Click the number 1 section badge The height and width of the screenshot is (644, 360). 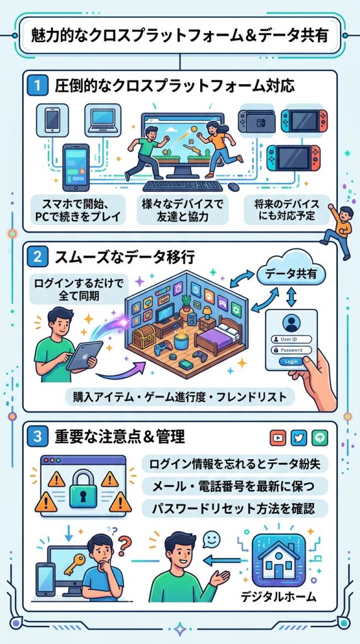tap(38, 87)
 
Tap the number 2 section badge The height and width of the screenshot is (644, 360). tap(38, 258)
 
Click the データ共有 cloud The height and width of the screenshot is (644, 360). tap(290, 274)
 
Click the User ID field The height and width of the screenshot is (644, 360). tap(291, 340)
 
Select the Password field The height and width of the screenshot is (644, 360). tap(291, 350)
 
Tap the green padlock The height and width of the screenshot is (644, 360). tap(86, 489)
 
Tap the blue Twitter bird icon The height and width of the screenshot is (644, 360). tap(299, 438)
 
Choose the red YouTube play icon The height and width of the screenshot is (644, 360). tap(278, 438)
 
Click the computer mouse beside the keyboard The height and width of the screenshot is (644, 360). tap(234, 186)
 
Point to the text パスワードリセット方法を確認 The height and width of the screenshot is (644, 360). tap(233, 509)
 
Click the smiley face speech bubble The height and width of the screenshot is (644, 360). tap(211, 539)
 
